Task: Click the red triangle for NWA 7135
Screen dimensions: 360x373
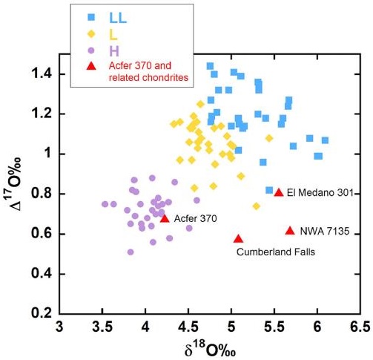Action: tap(290, 231)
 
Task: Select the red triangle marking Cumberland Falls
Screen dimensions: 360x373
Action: tap(238, 239)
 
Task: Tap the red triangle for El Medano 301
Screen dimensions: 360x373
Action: tap(279, 193)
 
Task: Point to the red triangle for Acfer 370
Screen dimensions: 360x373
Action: tap(165, 218)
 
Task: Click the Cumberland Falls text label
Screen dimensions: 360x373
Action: tap(275, 252)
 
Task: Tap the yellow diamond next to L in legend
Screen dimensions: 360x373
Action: tap(91, 33)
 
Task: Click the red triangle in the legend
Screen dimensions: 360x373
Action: tap(91, 67)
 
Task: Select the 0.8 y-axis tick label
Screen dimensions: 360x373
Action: tap(44, 194)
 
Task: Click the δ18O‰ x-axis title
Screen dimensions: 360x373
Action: tap(210, 348)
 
